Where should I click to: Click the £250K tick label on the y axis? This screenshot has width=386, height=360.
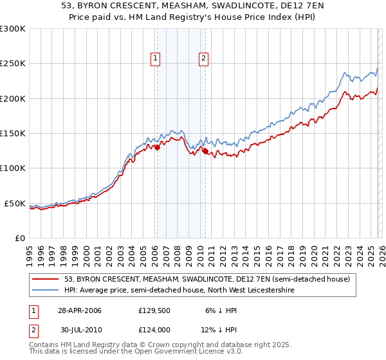[x=13, y=64]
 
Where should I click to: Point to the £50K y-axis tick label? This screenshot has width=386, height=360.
[x=15, y=203]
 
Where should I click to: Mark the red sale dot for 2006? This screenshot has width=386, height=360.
[x=158, y=147]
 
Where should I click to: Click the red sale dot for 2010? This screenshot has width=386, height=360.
[x=205, y=152]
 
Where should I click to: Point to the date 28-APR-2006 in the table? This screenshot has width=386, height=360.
[x=79, y=310]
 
